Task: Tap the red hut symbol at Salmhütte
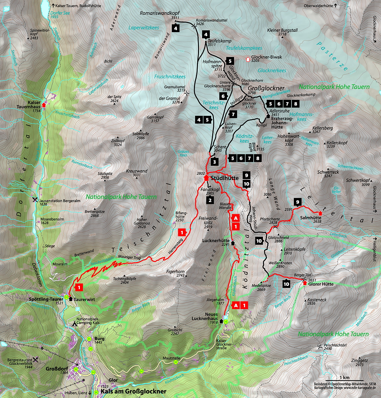click(x=320, y=213)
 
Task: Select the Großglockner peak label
click(x=266, y=89)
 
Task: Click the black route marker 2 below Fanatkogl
click(x=210, y=200)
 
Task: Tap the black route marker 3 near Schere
click(x=215, y=162)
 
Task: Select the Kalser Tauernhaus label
click(x=29, y=104)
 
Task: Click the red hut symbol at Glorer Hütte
click(x=305, y=283)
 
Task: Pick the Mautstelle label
click(x=171, y=358)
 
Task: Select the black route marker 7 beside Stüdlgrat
click(x=233, y=114)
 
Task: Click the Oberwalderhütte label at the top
click(x=318, y=6)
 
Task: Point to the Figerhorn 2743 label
click(x=175, y=273)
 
